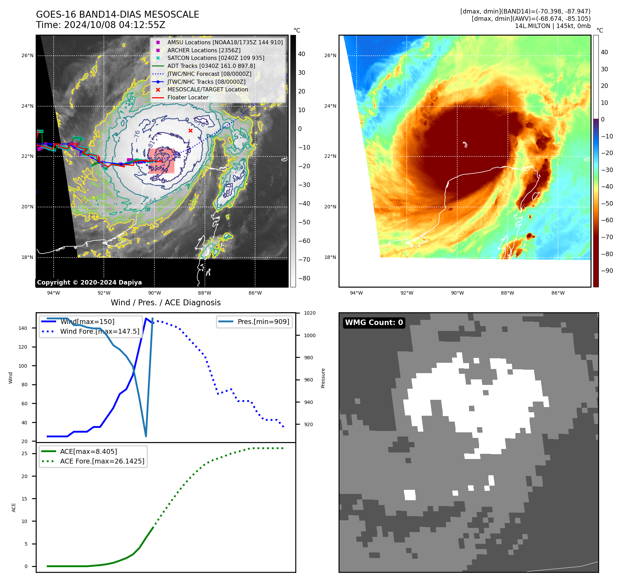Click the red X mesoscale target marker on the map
(x=190, y=130)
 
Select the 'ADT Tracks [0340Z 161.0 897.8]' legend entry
(x=211, y=66)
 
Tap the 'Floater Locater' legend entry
(x=188, y=97)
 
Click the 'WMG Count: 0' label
(x=374, y=322)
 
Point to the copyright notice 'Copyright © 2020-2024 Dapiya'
(x=89, y=282)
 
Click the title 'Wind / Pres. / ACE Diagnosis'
(x=165, y=303)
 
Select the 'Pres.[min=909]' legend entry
(x=263, y=322)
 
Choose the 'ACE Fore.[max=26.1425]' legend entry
(x=102, y=461)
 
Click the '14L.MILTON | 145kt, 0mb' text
(x=552, y=26)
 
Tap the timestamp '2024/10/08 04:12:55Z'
(x=115, y=25)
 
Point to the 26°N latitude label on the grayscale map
(x=27, y=55)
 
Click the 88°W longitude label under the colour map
(x=507, y=293)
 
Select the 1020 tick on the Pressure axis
(x=309, y=313)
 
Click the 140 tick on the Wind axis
(x=22, y=328)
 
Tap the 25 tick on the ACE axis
(x=24, y=453)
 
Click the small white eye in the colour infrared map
(x=465, y=144)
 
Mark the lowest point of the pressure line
(x=146, y=436)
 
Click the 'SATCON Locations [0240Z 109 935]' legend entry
(x=216, y=58)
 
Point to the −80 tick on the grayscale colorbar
(x=304, y=278)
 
